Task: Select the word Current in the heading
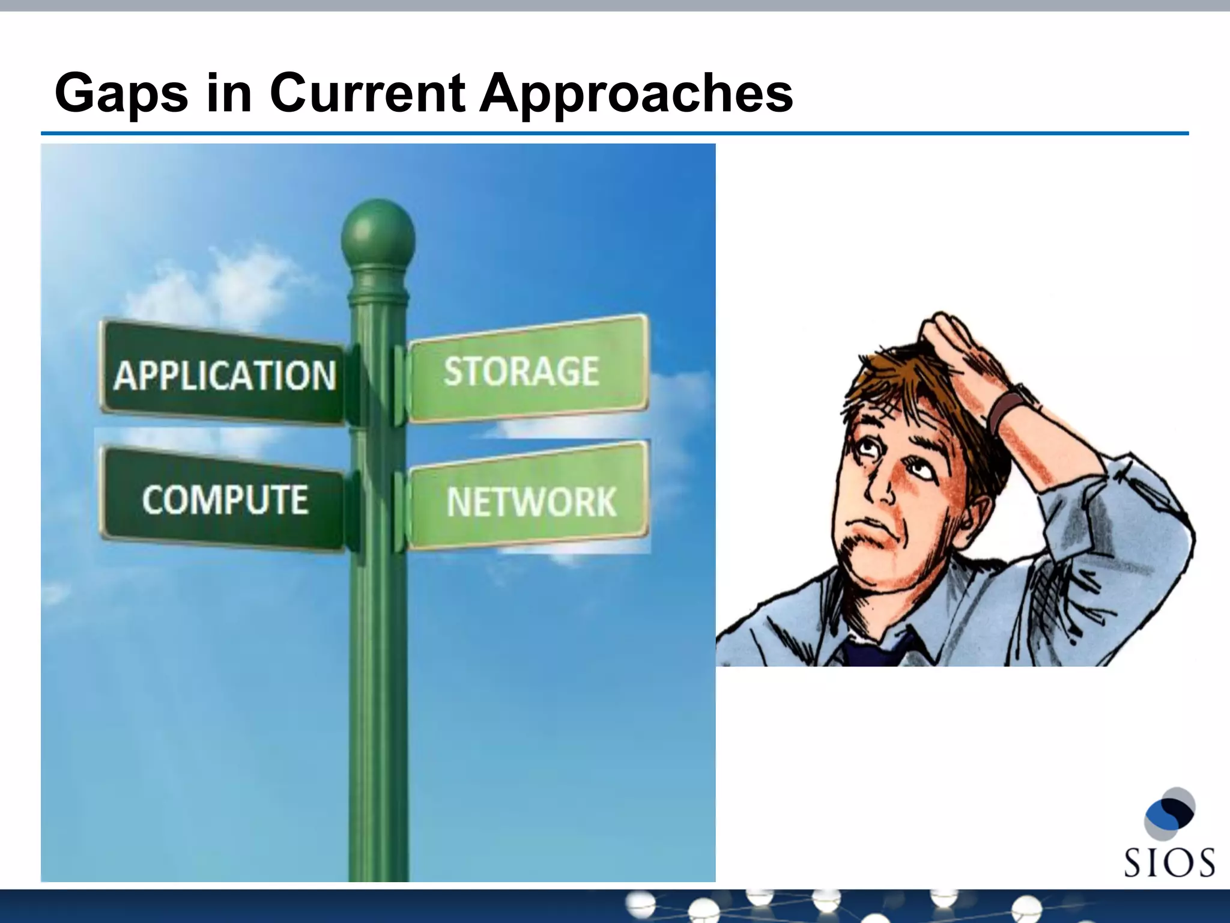[x=366, y=93]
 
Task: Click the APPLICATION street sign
[x=223, y=374]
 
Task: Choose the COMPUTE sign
[x=223, y=499]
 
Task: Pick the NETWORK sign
[x=530, y=501]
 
